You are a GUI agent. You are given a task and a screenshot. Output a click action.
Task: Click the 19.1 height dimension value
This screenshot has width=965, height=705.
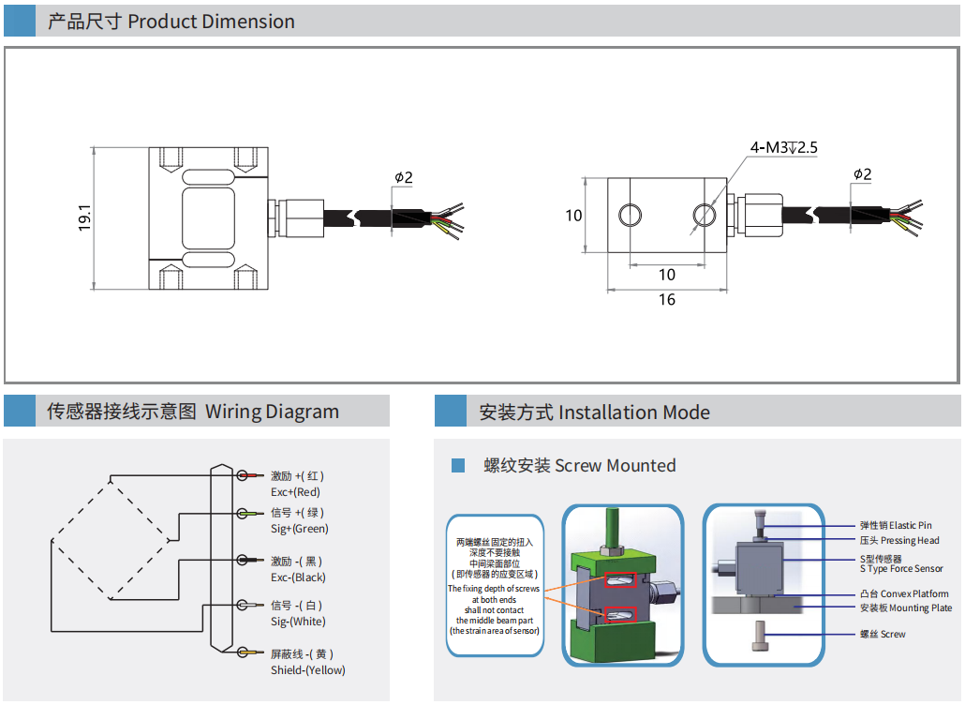tap(83, 217)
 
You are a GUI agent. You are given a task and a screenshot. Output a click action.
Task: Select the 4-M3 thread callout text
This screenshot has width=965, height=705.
tap(783, 148)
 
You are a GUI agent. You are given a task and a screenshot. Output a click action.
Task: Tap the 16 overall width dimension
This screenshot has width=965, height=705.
tap(667, 300)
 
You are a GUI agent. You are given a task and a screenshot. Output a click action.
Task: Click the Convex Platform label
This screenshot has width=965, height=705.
tap(903, 594)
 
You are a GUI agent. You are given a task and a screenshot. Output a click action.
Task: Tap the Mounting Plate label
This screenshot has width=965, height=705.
tap(905, 608)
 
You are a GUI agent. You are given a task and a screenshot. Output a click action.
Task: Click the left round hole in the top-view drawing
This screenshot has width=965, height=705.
tap(630, 216)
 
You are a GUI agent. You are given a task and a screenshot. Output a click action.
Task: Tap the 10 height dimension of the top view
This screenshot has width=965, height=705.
tap(573, 216)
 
